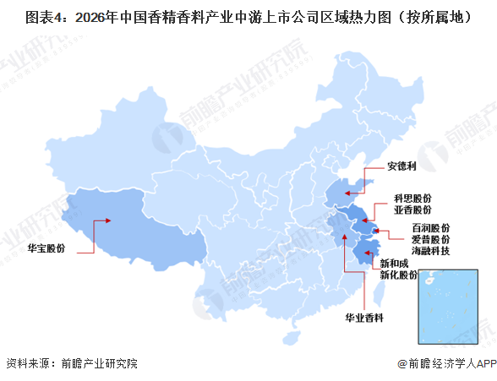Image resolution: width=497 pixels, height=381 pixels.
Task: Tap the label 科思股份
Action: point(412,196)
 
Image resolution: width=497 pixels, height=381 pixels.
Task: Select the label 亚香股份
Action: point(412,209)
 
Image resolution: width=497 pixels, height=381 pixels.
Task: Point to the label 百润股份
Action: point(430,228)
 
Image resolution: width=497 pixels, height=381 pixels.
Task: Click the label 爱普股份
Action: point(430,240)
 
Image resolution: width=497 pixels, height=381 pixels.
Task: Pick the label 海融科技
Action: point(430,252)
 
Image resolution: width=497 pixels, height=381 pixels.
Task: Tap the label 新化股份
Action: point(397,276)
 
